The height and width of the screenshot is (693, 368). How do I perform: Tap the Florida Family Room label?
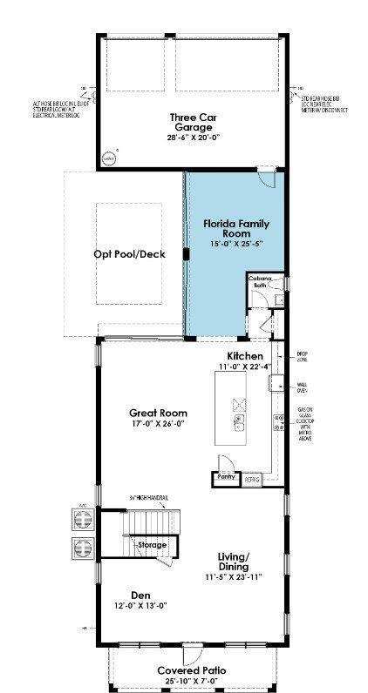tap(227, 228)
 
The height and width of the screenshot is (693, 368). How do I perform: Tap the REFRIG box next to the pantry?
tap(251, 479)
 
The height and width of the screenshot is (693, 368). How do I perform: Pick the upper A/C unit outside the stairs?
tap(84, 520)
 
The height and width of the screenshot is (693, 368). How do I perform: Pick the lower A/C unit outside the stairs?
tap(84, 550)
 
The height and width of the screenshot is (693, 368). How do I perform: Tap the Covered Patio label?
tap(192, 670)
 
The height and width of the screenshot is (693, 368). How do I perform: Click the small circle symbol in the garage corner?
tap(109, 158)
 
